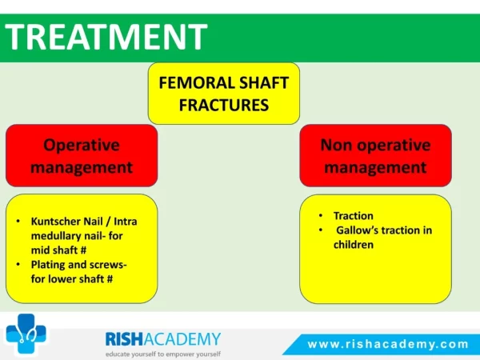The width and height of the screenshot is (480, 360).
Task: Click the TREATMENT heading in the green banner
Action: [106, 37]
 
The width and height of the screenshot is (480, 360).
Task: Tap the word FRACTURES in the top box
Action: [224, 105]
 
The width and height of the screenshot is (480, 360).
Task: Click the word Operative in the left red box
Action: [82, 145]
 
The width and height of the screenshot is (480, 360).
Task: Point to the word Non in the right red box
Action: [336, 145]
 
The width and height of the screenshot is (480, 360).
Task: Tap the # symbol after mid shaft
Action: [83, 250]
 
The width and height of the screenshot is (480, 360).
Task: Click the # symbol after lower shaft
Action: [110, 279]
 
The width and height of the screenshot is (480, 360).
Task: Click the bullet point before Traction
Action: [321, 215]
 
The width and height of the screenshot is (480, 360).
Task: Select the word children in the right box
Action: [354, 245]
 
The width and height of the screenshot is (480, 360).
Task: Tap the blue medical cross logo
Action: [26, 334]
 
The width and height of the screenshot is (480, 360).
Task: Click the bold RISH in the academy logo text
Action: [124, 339]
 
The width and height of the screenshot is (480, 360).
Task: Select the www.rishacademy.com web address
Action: [388, 344]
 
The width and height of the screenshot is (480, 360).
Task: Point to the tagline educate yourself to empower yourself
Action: [163, 354]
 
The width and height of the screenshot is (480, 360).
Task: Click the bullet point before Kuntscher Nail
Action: [18, 221]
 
